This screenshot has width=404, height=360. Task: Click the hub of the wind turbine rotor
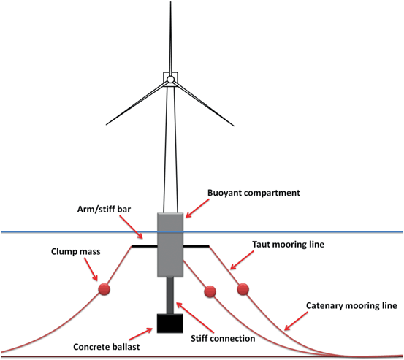tap(170, 79)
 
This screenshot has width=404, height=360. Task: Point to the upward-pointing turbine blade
tap(170, 37)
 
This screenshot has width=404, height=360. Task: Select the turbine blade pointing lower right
tap(204, 100)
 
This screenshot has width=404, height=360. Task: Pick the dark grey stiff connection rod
tap(172, 295)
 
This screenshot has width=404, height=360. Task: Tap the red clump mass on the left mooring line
tap(104, 290)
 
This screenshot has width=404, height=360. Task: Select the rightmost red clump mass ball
tap(242, 288)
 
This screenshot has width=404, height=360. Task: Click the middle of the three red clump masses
tap(210, 291)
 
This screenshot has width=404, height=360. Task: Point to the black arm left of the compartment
tap(145, 246)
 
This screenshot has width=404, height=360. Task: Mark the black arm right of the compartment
tap(197, 246)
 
